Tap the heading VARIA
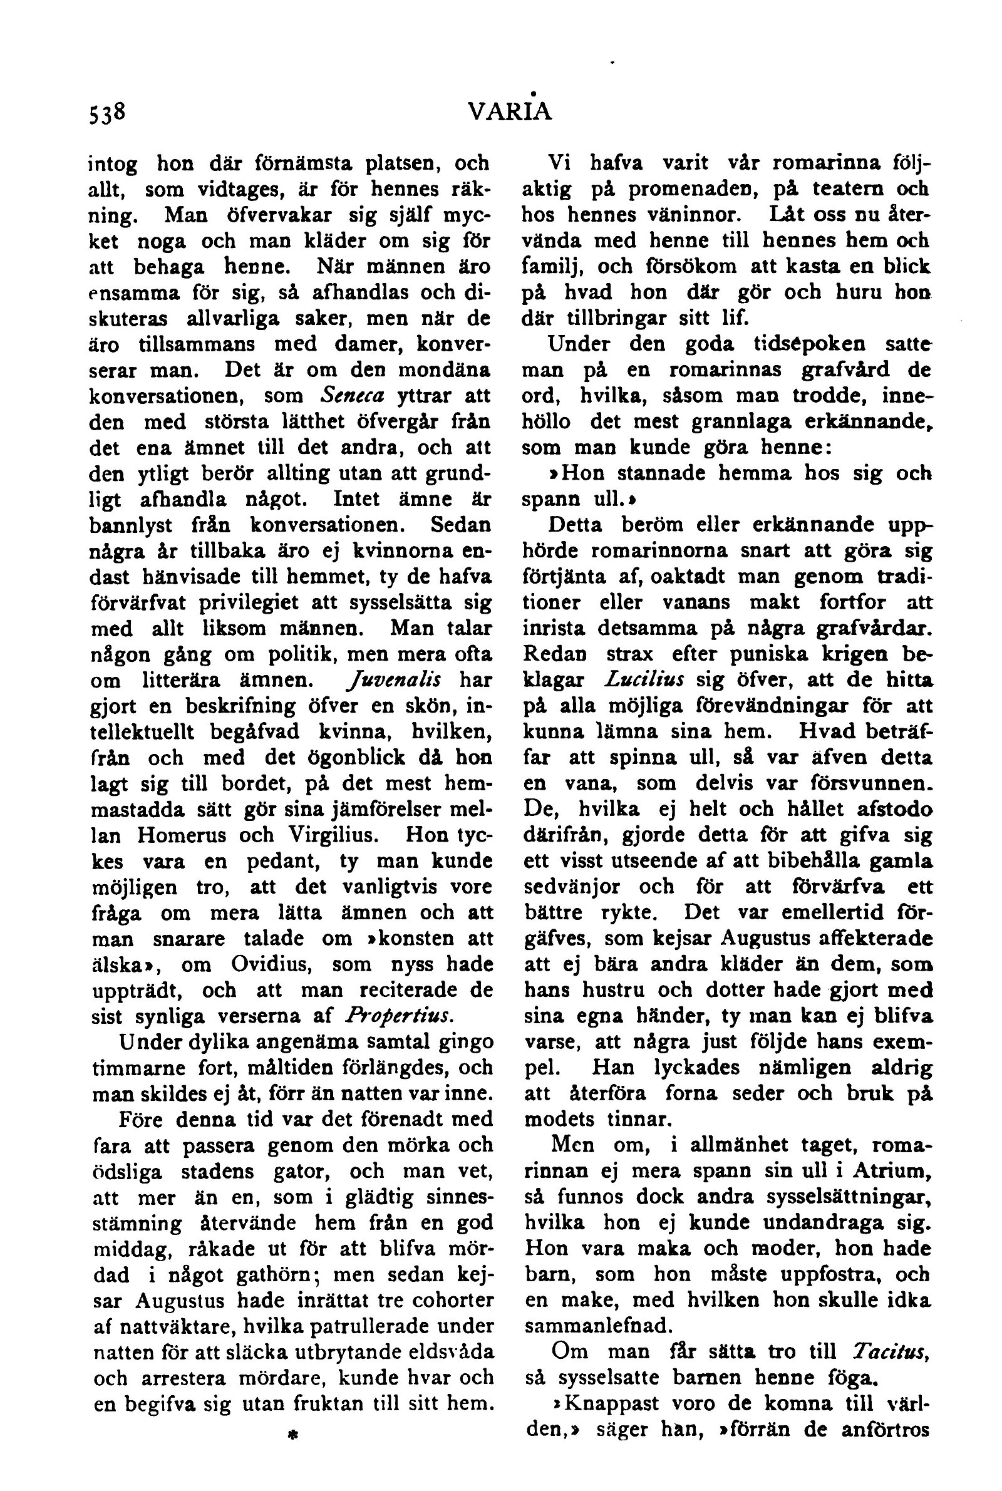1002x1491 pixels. [509, 113]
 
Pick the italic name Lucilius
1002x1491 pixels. [644, 679]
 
